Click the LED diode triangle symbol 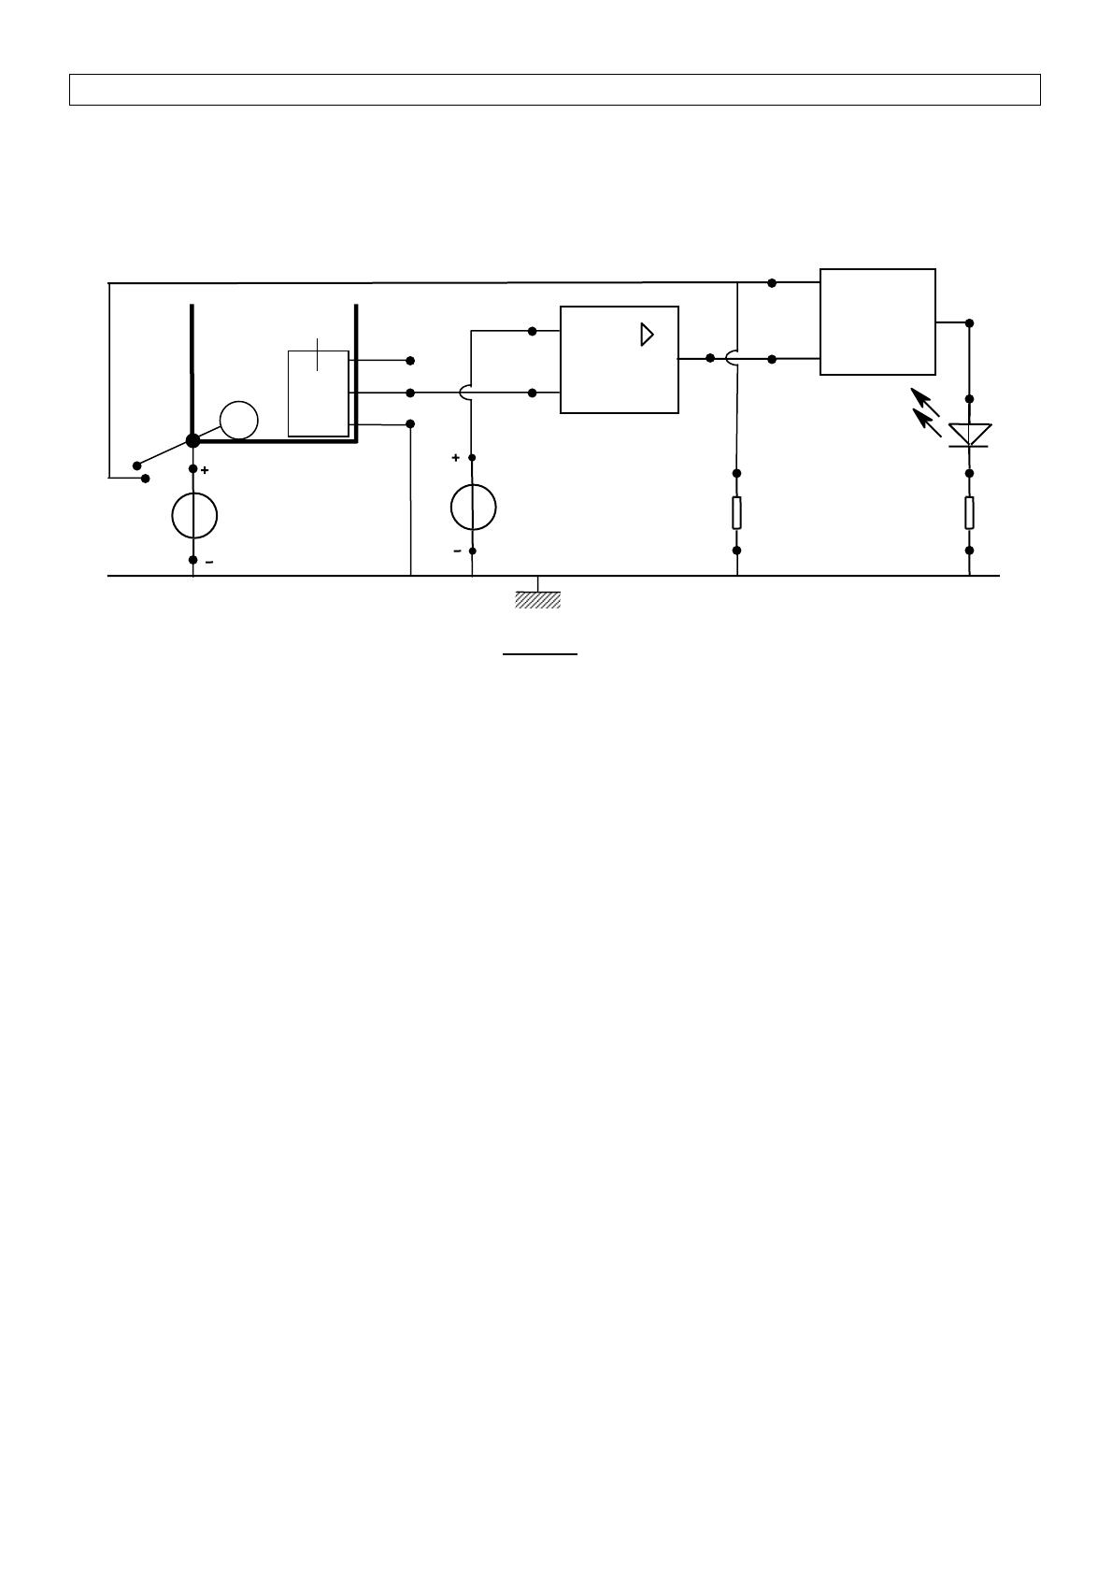[969, 435]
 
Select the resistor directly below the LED [969, 512]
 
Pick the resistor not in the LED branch [736, 512]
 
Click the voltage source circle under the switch [194, 515]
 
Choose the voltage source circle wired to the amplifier [473, 508]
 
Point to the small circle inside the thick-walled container [239, 421]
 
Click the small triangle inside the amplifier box [647, 335]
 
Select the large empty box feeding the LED [877, 322]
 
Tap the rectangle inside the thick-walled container [319, 393]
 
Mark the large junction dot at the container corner [193, 440]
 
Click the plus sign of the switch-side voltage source [205, 470]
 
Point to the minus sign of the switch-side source [208, 562]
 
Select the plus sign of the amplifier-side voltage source [456, 458]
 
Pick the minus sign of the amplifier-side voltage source [457, 551]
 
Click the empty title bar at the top [555, 90]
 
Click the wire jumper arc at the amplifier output [732, 358]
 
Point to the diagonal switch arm [164, 452]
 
